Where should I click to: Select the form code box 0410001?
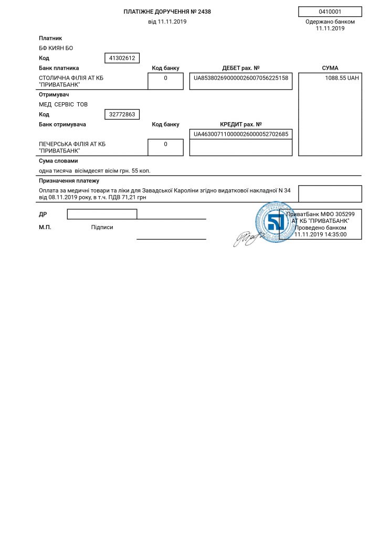(x=330, y=12)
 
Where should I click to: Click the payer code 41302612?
(x=122, y=58)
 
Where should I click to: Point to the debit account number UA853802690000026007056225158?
(x=241, y=78)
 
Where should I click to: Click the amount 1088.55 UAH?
(x=342, y=78)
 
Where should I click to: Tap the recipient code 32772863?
(x=122, y=114)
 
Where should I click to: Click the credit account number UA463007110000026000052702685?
(x=241, y=134)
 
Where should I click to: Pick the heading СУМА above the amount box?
(x=330, y=68)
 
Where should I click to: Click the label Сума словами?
(x=58, y=161)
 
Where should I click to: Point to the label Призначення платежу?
(x=69, y=181)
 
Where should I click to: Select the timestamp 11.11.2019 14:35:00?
(x=320, y=235)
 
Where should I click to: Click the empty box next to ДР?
(x=102, y=214)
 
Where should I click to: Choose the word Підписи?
(x=102, y=228)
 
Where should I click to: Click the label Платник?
(x=50, y=38)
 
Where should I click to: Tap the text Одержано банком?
(x=330, y=22)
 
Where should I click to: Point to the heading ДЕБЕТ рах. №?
(x=241, y=68)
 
